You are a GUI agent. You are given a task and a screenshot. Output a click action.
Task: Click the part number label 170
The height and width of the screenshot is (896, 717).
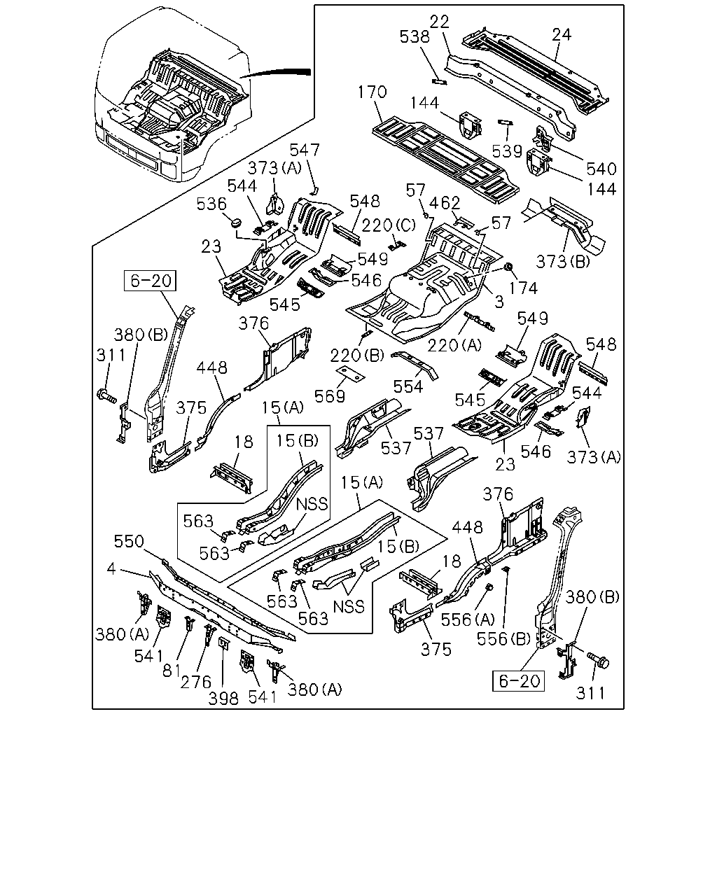point(373,92)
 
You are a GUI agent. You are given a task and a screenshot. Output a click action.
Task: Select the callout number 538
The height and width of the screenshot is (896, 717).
point(415,37)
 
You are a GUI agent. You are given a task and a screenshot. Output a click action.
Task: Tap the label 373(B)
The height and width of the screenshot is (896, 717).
point(563,262)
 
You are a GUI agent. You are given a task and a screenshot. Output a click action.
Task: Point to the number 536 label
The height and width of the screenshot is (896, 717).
point(211,204)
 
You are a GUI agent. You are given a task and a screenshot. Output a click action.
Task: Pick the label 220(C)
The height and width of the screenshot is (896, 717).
point(389,225)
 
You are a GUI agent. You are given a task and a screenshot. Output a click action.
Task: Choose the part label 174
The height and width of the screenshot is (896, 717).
point(523,288)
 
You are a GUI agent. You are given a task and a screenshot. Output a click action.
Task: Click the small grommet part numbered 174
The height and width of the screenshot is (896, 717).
point(508,267)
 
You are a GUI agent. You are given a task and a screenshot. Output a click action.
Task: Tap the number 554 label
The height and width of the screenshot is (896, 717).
point(408,387)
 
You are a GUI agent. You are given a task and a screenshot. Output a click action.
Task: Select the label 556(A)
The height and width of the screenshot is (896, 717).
point(468,620)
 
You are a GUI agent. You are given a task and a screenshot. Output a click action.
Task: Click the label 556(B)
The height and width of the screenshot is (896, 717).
point(503,639)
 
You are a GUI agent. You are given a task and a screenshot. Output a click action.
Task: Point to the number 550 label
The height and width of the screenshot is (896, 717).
point(129,542)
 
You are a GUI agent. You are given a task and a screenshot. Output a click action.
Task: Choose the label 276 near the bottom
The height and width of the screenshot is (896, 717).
point(196,682)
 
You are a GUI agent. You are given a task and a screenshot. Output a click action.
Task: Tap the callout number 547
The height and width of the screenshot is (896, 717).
point(305,150)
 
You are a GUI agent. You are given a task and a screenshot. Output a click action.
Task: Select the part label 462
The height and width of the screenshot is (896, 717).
point(445,203)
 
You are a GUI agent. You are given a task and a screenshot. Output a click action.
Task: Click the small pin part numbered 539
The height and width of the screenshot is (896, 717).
point(506,122)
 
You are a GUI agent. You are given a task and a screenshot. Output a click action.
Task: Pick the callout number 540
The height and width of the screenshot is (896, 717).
point(601,169)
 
